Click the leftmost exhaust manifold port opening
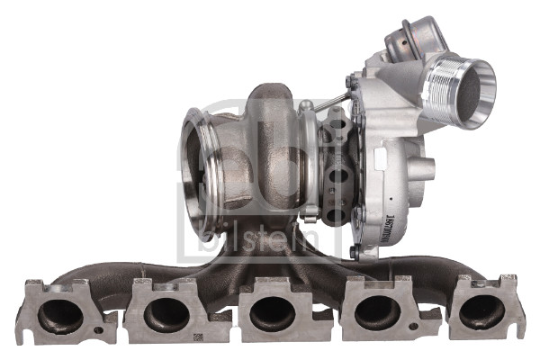[x=59, y=314]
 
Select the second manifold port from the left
[x=166, y=314]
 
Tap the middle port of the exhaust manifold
[x=270, y=313]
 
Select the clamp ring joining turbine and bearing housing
[x=309, y=162]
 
